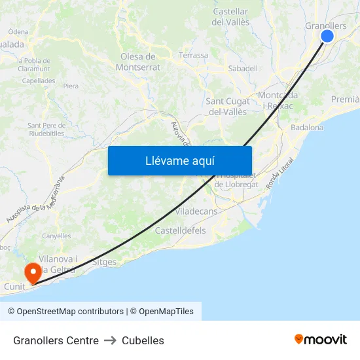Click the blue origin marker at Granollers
pos(327,37)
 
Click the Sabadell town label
pos(243,68)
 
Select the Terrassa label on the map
pos(193,56)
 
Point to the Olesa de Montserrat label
pos(137,62)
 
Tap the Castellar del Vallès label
pos(230,17)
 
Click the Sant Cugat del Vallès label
pos(228,106)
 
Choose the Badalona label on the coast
pos(307,128)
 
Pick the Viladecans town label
pos(196,211)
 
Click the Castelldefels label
pos(180,230)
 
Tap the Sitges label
pos(105,262)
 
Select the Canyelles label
pos(56,236)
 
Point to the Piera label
pos(71,86)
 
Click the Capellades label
pos(39,81)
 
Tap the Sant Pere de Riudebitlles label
pos(46,129)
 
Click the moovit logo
pos(321,339)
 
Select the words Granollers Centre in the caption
pos(56,340)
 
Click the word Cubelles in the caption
pos(143,340)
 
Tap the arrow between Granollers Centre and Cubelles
pos(110,340)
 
